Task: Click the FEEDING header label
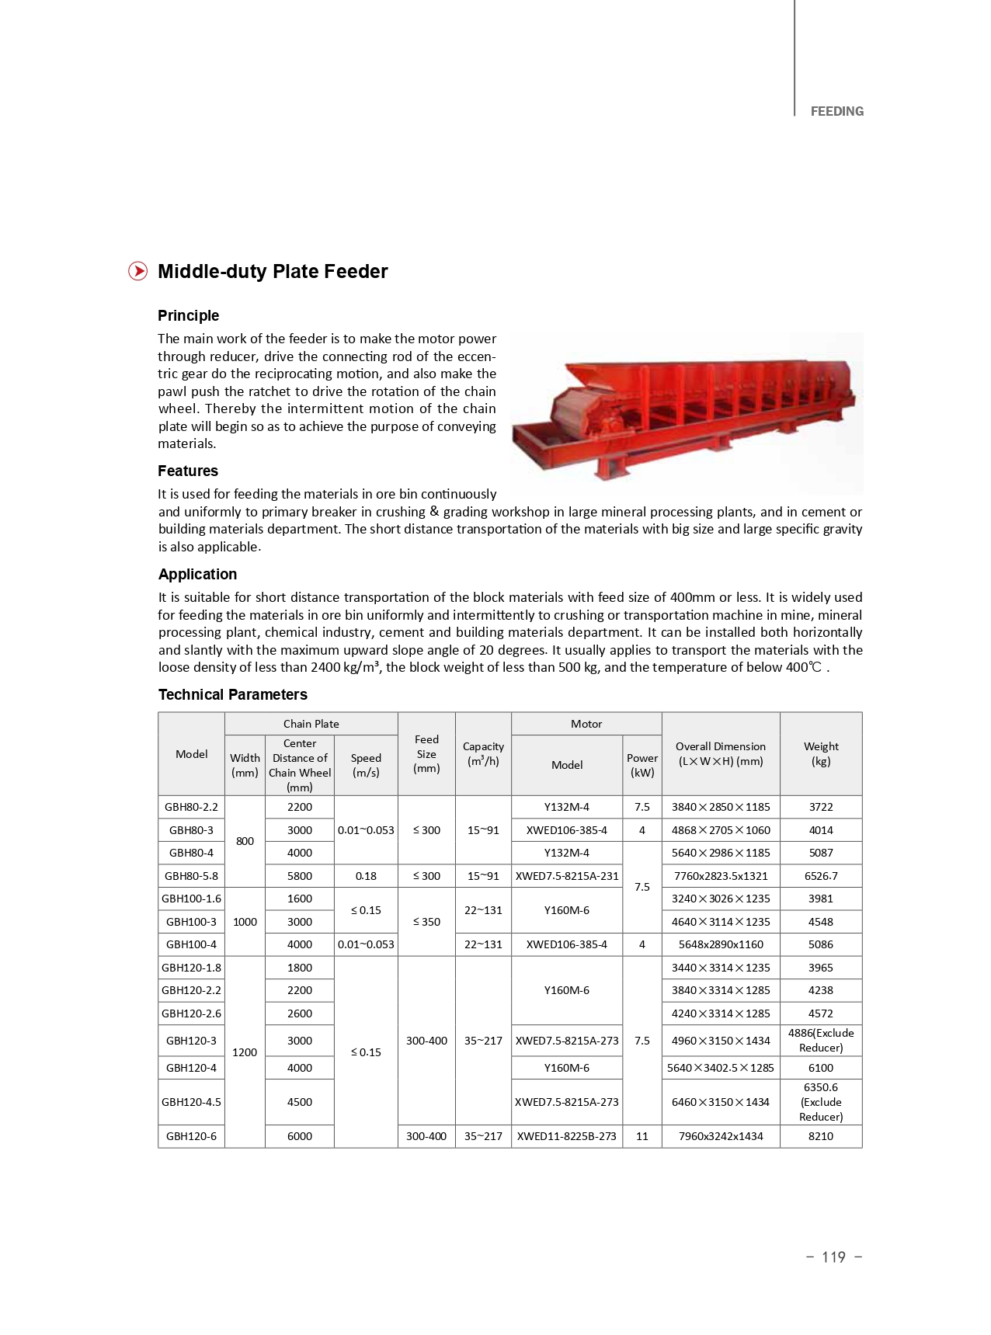[836, 111]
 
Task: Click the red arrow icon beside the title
[137, 271]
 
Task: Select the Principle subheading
[188, 315]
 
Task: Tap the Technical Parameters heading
[232, 694]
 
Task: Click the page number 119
[833, 1257]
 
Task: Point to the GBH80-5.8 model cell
[191, 875]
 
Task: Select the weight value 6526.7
[821, 875]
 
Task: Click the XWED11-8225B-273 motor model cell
[566, 1135]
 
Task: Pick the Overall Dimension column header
[720, 753]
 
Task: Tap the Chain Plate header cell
[311, 723]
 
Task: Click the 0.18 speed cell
[366, 875]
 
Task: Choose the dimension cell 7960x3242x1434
[720, 1135]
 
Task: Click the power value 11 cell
[642, 1135]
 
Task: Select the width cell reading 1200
[245, 1052]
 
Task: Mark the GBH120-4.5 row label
[191, 1101]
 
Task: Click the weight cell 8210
[821, 1135]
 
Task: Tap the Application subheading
[197, 574]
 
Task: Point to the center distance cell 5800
[300, 875]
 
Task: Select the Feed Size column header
[426, 753]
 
